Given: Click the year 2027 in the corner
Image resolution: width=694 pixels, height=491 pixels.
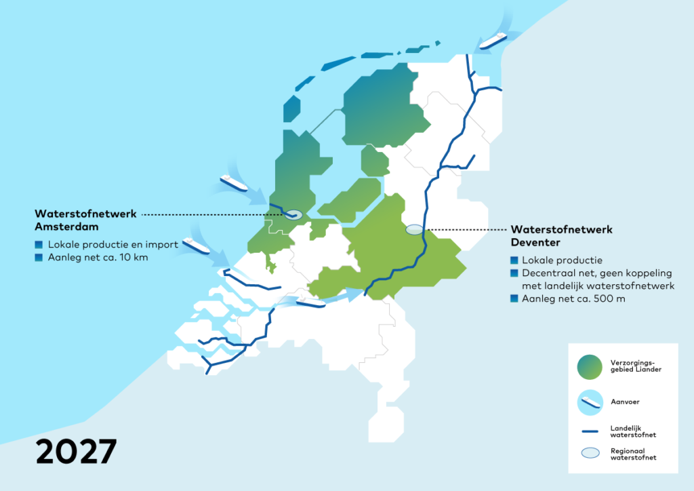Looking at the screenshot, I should point(76,451).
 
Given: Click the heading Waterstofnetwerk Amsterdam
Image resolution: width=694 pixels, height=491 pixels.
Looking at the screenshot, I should point(85,219).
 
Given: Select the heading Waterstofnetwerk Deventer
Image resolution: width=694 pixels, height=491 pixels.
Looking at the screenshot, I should point(562,235).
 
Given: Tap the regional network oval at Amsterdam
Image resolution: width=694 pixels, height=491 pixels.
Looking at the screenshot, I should point(292,214).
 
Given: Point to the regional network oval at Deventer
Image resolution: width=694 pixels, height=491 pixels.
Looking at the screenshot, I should point(413,230).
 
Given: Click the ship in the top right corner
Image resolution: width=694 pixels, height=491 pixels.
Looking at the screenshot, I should point(493,40).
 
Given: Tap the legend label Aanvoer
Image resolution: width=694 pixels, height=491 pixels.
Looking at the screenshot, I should point(625,402).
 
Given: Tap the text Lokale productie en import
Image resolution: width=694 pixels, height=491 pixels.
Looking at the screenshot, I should point(113,244).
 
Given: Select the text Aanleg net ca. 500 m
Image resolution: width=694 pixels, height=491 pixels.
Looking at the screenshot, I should point(573,299).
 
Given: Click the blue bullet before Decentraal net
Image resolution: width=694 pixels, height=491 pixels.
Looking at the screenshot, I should point(514,273).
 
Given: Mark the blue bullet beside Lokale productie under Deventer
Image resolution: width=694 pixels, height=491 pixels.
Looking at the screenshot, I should point(514,260).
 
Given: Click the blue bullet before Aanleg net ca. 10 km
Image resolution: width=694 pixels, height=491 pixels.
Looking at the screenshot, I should point(39,257).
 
